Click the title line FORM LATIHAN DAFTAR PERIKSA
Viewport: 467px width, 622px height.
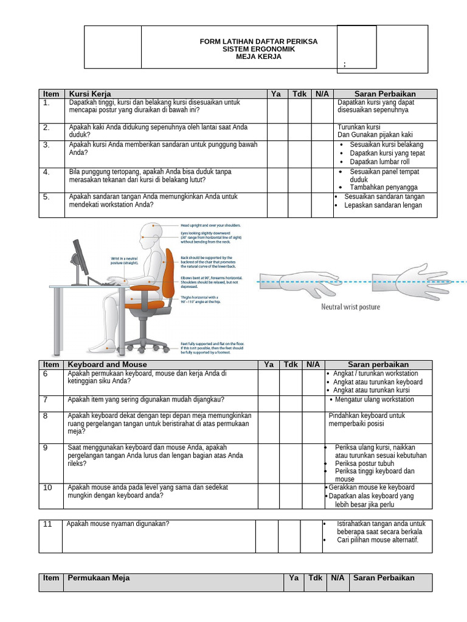point(258,41)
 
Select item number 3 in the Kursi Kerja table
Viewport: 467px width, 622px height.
point(46,145)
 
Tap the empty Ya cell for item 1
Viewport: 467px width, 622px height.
point(277,110)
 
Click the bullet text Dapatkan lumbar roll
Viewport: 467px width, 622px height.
point(379,162)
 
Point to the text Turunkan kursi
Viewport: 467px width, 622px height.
point(359,127)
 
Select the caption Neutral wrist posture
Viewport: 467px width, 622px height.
point(350,307)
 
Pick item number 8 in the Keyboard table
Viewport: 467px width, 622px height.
point(46,415)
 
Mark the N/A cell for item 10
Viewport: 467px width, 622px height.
point(313,496)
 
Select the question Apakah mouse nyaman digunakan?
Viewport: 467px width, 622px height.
point(118,524)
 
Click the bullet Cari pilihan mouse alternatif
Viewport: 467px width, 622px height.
point(378,539)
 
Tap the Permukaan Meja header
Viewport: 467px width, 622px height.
point(99,578)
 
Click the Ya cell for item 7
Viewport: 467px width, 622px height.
point(268,403)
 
